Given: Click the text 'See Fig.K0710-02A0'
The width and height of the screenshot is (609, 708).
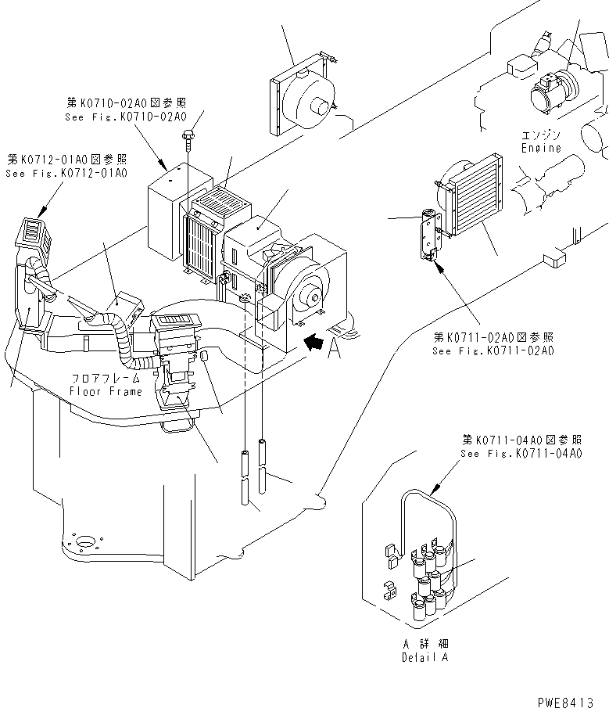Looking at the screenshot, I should click(126, 117).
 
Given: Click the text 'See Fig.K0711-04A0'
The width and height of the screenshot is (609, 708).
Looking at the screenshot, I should click(521, 454).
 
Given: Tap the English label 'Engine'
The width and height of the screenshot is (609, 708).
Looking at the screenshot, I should click(541, 148).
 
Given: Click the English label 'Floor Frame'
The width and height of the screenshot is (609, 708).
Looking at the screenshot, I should click(106, 390).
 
